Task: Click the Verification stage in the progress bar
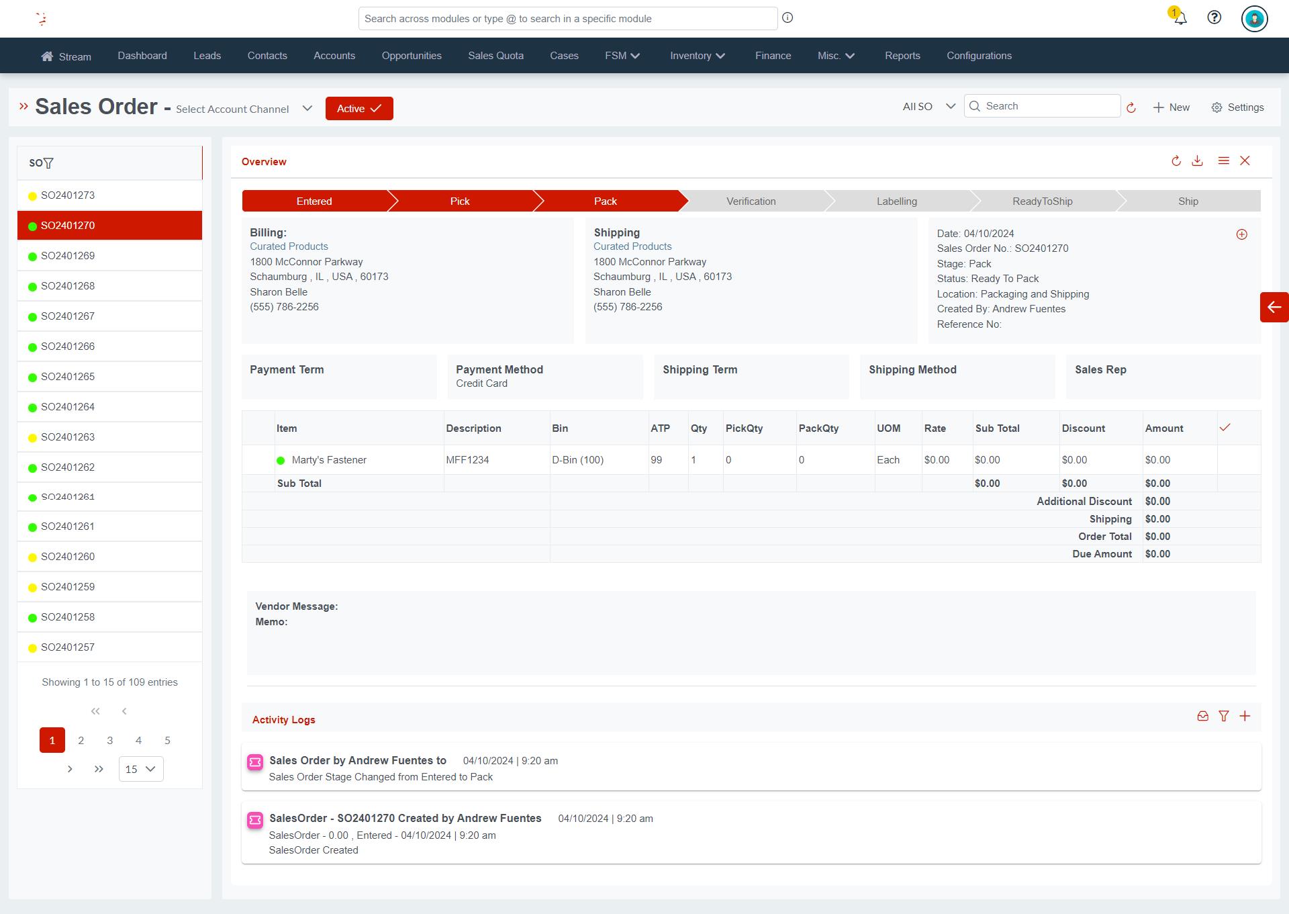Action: point(751,201)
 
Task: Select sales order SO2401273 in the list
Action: point(68,195)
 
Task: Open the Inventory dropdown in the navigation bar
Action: point(697,56)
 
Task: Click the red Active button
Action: point(359,109)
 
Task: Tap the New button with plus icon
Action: point(1171,107)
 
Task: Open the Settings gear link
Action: point(1237,107)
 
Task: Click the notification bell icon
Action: point(1180,18)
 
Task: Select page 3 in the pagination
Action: point(109,740)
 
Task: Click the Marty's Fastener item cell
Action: point(329,460)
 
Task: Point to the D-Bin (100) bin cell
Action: point(577,460)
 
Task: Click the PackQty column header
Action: point(818,428)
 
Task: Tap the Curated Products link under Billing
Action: point(289,246)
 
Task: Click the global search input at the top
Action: point(567,19)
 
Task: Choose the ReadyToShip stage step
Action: point(1042,201)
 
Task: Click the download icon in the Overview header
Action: point(1197,161)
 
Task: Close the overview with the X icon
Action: point(1245,161)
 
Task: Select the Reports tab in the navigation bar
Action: point(902,56)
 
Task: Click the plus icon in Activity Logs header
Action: point(1245,717)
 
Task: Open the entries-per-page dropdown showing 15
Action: point(141,769)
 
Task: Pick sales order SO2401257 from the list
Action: point(68,647)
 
